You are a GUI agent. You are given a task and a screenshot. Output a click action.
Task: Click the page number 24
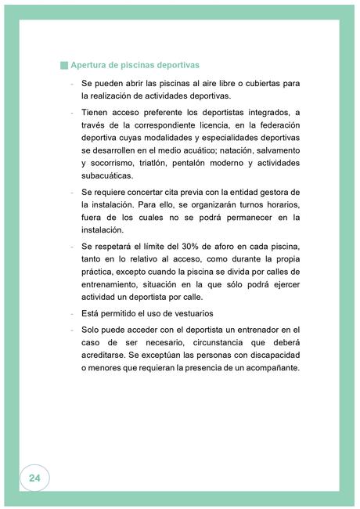pyautogui.click(x=34, y=477)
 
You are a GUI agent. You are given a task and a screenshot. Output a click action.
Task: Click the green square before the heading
pyautogui.click(x=64, y=65)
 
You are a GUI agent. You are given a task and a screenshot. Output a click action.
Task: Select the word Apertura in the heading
pyautogui.click(x=89, y=65)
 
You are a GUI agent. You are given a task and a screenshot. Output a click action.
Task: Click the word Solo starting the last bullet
pyautogui.click(x=93, y=330)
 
